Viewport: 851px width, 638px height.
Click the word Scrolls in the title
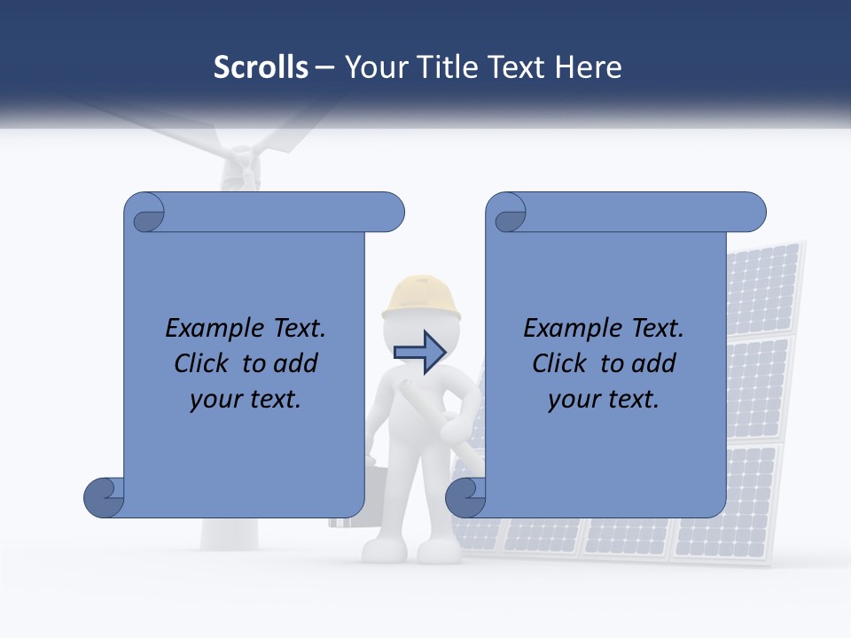[x=261, y=67]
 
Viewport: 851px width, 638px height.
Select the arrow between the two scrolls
[x=419, y=353]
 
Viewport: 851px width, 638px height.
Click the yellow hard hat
[x=422, y=296]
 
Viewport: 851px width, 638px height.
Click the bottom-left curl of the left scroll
[x=104, y=497]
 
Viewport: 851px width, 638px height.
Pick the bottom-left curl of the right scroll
[x=465, y=497]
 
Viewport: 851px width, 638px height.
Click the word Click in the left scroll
[x=202, y=363]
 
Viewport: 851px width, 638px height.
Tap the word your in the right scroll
[x=571, y=400]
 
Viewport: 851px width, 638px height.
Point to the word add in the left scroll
[x=296, y=363]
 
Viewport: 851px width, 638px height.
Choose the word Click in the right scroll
[x=559, y=363]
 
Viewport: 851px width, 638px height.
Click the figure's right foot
[x=440, y=551]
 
